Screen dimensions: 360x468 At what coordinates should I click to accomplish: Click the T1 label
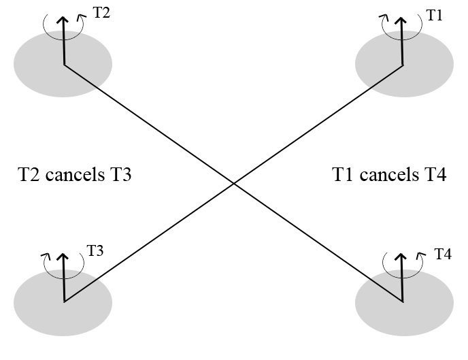click(x=434, y=16)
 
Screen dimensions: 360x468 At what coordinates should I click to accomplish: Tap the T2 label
click(x=101, y=14)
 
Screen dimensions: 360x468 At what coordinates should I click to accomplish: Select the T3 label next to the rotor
click(x=95, y=250)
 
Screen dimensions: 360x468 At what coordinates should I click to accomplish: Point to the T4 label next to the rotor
click(x=443, y=255)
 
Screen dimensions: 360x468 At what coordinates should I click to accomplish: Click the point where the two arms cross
click(x=233, y=183)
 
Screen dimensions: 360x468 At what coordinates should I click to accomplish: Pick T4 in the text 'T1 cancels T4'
click(x=433, y=176)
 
